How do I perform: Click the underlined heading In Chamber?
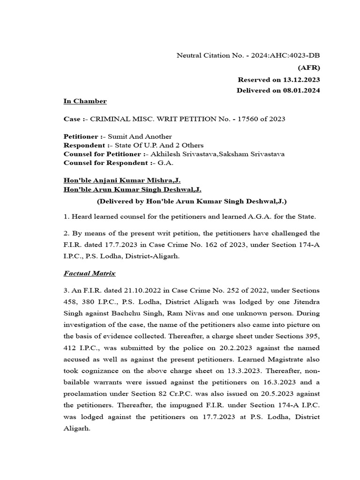[85, 101]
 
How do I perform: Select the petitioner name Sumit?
[117, 137]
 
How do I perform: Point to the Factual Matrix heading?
[90, 273]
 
